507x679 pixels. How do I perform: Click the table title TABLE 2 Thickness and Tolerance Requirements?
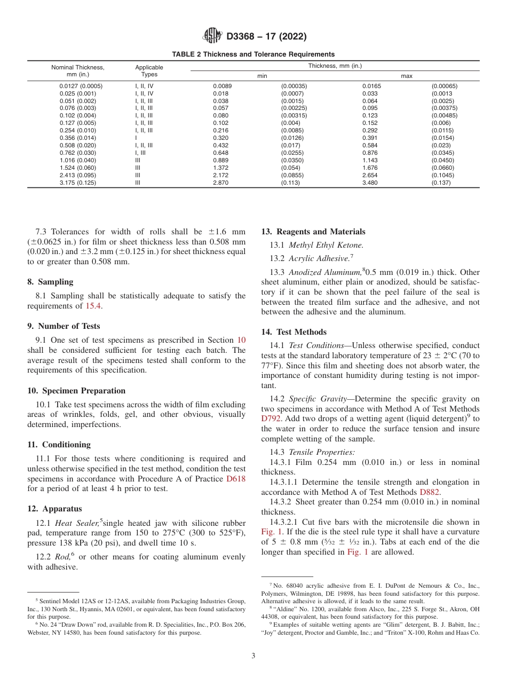253,54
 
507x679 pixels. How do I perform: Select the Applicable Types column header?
149,71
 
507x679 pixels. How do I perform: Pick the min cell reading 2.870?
220,183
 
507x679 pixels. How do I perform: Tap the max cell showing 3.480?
370,183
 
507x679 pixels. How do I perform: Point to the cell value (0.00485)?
444,115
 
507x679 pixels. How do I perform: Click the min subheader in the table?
262,76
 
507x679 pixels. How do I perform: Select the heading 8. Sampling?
50,282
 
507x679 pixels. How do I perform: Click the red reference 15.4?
92,306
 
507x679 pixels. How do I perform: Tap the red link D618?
236,479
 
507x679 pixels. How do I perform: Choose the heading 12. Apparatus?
54,509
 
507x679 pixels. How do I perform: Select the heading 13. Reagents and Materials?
313,232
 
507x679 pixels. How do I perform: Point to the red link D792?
270,419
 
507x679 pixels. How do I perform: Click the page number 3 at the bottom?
253,656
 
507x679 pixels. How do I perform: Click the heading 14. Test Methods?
294,332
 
